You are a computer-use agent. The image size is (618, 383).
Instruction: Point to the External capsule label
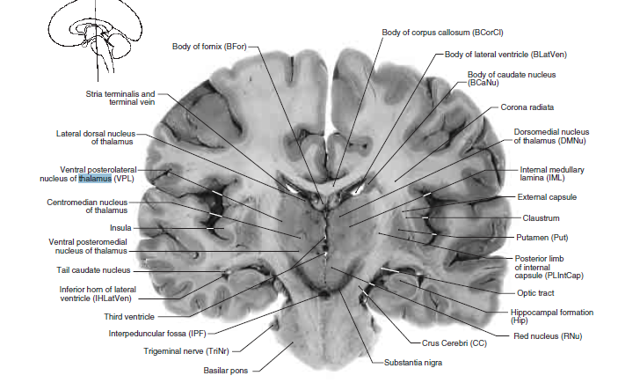click(546, 197)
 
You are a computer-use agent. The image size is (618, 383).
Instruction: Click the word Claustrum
click(541, 217)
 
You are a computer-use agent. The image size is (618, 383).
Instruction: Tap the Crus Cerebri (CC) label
click(454, 342)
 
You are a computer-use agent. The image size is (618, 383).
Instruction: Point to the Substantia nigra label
click(412, 362)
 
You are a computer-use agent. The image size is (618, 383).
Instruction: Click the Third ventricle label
click(129, 315)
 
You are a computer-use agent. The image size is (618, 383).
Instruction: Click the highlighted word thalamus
click(95, 180)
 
